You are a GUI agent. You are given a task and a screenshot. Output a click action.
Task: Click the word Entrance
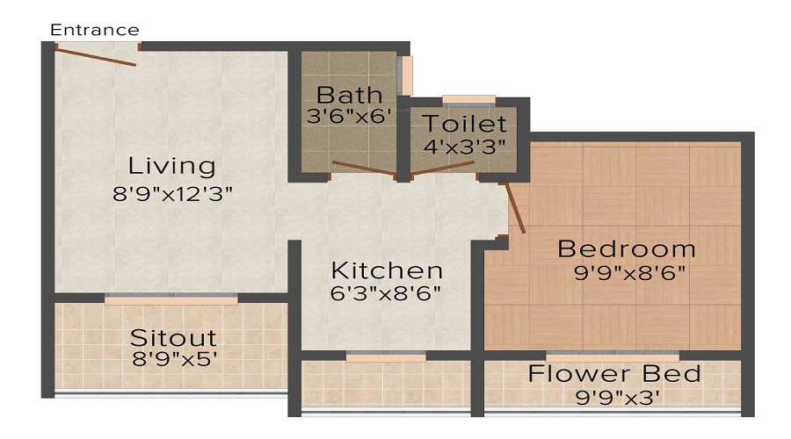94,30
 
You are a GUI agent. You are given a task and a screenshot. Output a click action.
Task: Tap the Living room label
171,165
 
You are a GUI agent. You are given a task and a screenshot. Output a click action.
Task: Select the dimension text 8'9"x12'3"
171,194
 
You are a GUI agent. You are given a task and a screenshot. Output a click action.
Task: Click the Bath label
350,94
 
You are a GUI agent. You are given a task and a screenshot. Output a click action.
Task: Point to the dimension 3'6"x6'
350,117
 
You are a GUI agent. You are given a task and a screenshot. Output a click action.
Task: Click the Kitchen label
387,270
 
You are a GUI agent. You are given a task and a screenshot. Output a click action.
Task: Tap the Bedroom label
627,248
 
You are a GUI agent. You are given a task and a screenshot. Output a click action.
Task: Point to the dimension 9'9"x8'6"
628,272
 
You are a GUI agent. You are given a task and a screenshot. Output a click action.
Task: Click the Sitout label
173,337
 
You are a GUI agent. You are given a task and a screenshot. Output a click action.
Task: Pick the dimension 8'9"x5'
173,360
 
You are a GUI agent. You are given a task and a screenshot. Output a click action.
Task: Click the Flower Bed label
614,374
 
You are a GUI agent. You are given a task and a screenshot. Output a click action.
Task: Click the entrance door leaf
95,55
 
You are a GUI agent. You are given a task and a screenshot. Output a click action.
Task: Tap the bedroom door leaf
514,207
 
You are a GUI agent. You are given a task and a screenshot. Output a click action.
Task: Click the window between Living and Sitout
171,300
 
